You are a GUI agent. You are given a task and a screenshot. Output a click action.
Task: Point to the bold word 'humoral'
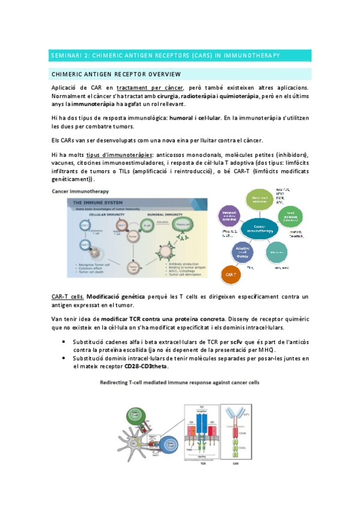[x=187, y=118]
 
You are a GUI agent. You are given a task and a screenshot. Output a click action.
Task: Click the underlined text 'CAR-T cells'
[x=67, y=296]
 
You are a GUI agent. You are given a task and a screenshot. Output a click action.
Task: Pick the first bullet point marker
[x=64, y=342]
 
